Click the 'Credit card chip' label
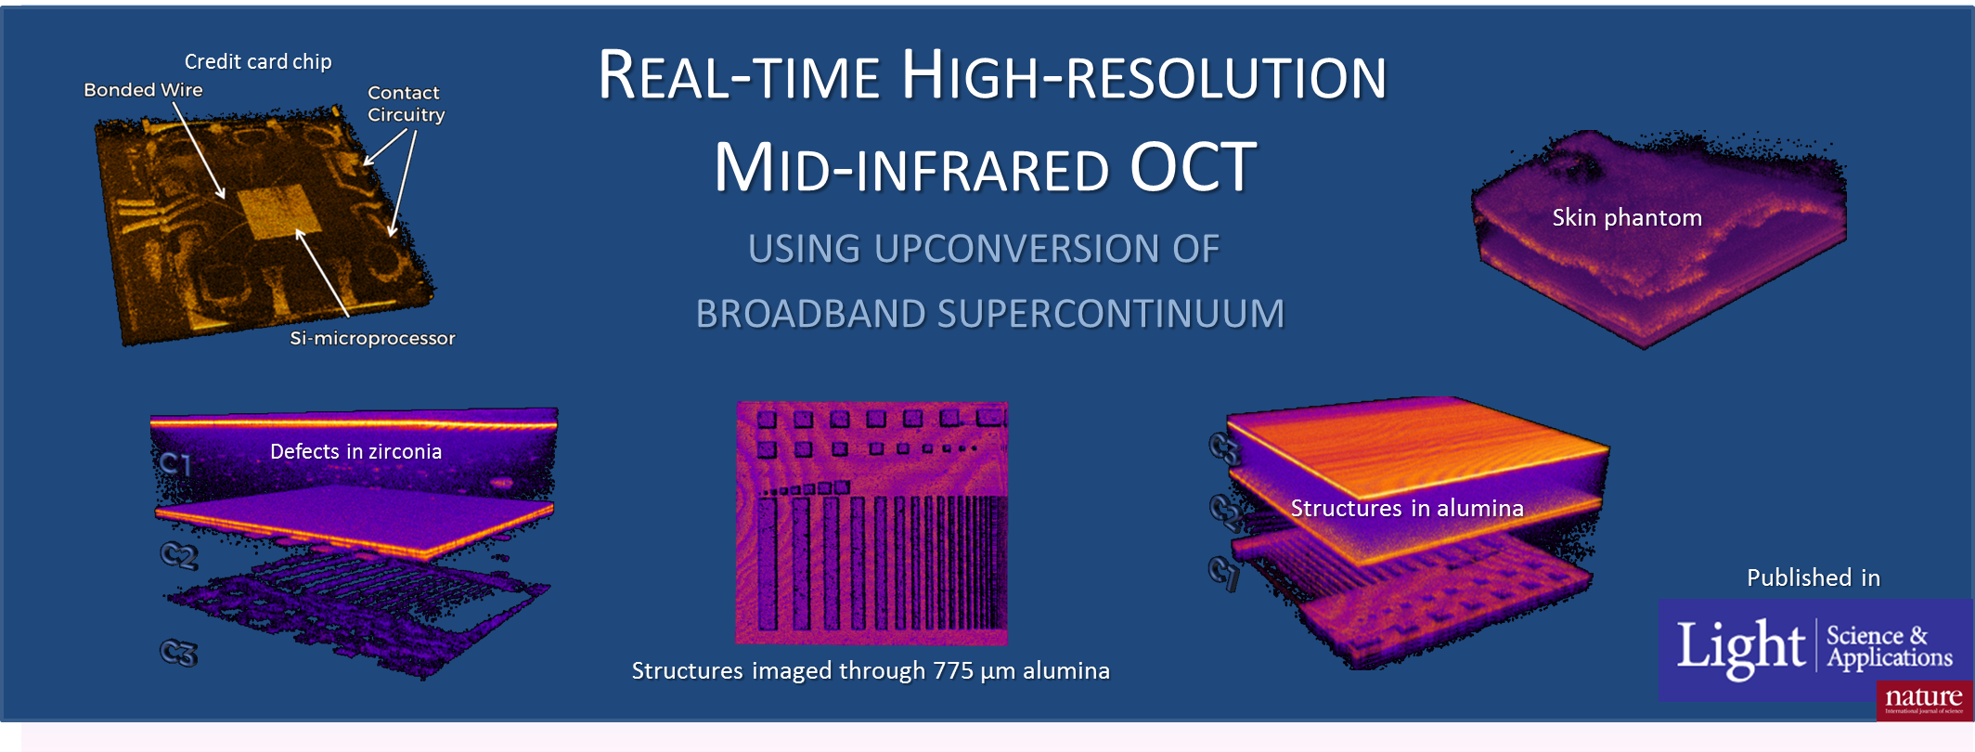[x=258, y=62]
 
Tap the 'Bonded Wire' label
[x=143, y=90]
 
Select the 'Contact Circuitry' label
[x=406, y=104]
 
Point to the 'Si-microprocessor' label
[x=372, y=338]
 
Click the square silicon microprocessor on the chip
[x=279, y=213]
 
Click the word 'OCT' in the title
[x=1193, y=168]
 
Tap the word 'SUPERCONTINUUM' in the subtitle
[x=1111, y=314]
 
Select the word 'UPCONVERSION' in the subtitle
[x=1013, y=249]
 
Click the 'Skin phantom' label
[x=1627, y=218]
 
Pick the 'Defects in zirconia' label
[x=355, y=451]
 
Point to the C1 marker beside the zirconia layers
[x=174, y=462]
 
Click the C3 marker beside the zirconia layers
[x=179, y=653]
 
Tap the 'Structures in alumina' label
[x=1407, y=509]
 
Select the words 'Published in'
[x=1814, y=577]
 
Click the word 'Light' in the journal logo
[x=1740, y=647]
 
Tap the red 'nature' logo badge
[x=1924, y=700]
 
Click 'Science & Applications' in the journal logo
[x=1889, y=646]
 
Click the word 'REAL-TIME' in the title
[x=739, y=75]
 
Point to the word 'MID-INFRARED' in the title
[x=911, y=168]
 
